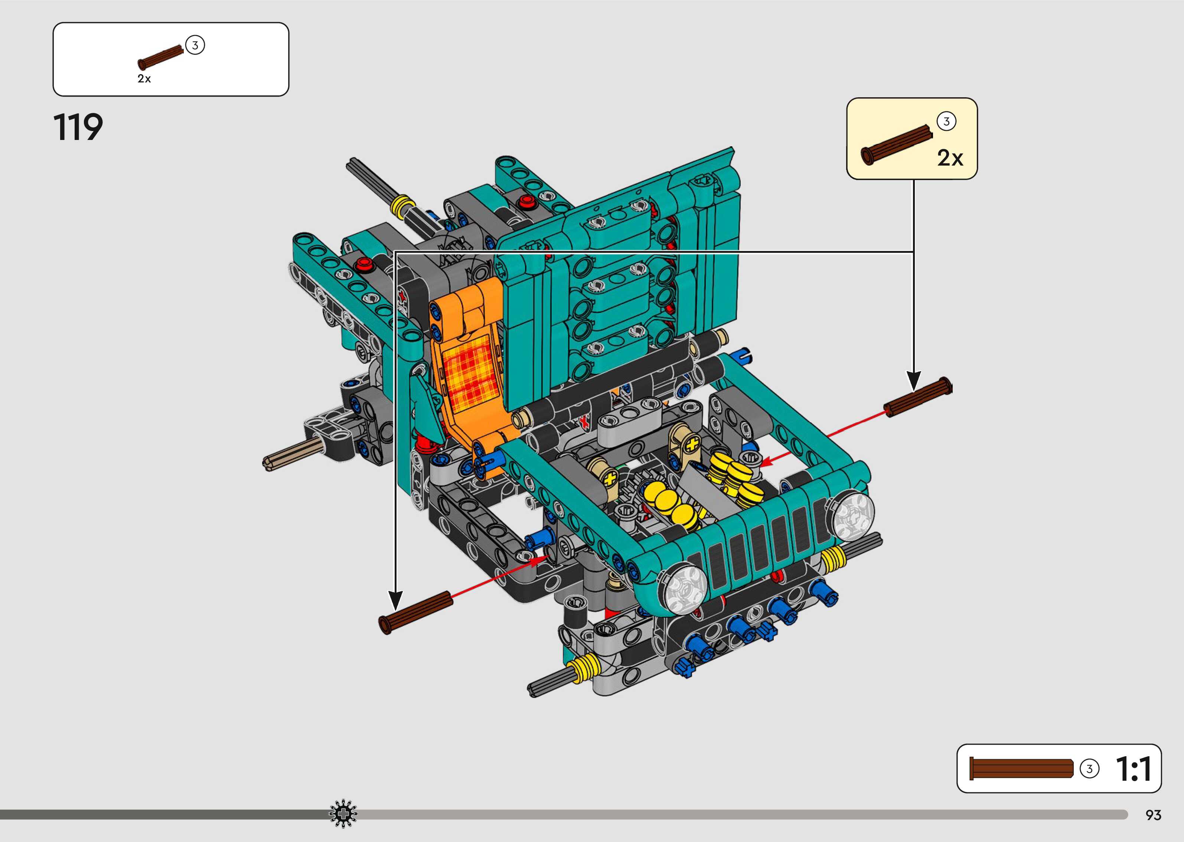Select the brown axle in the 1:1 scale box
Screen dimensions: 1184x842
(x=1021, y=768)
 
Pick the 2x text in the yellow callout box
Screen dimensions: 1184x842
(x=950, y=158)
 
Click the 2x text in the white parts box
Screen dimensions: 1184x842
(x=144, y=79)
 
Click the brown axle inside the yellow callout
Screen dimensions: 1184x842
(x=896, y=145)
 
